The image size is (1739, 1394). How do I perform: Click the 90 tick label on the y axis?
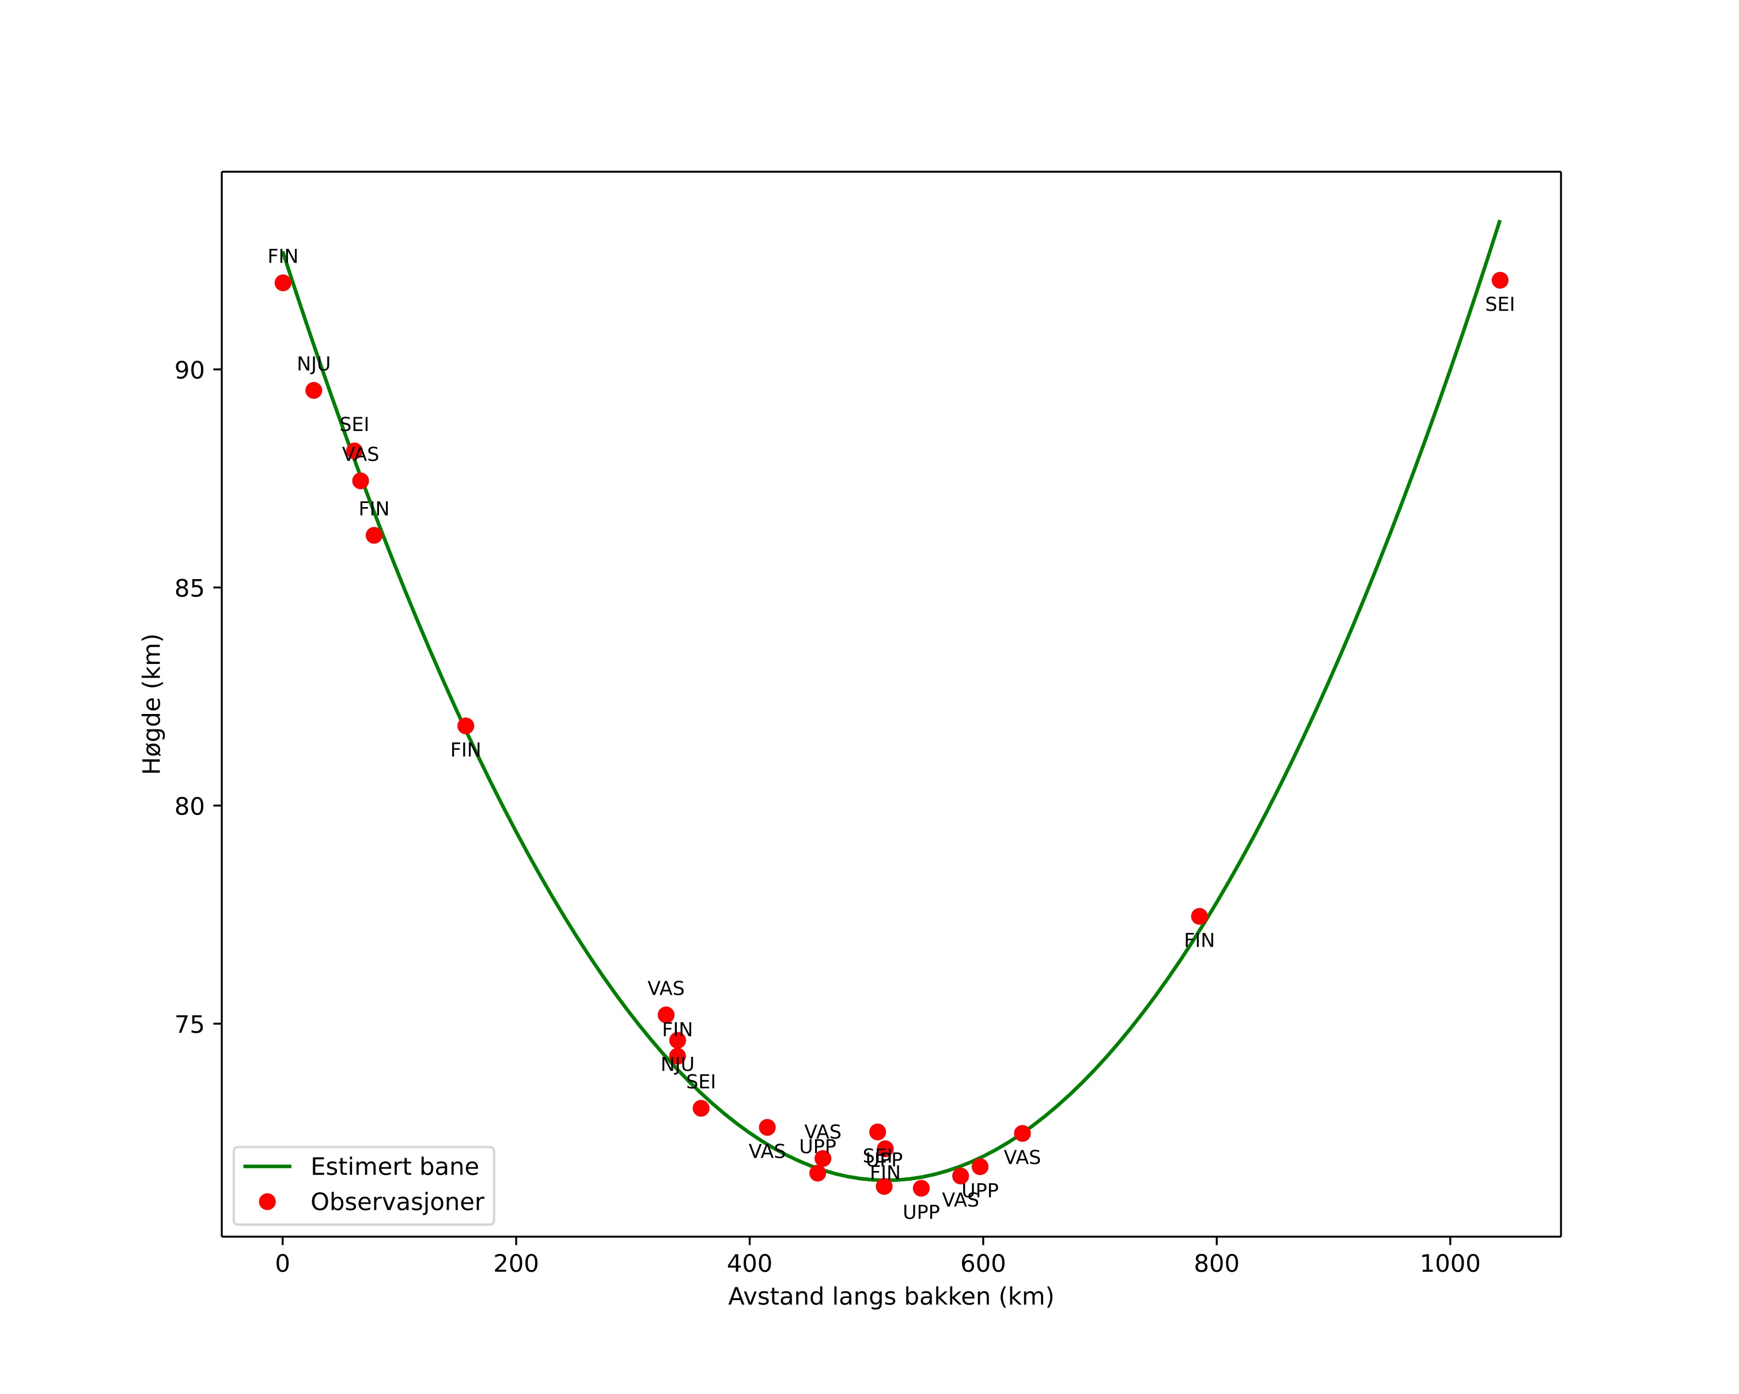(189, 371)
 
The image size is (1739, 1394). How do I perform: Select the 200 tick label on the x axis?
(516, 1264)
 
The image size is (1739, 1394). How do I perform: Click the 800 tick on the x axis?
(1217, 1237)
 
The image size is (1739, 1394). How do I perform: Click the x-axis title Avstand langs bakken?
(891, 1297)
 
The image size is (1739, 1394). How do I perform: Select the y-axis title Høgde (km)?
(153, 704)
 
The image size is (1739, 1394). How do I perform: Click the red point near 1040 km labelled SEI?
(1499, 281)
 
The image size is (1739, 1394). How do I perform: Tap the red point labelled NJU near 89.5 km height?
(314, 391)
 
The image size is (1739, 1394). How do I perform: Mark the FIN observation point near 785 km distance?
(1199, 916)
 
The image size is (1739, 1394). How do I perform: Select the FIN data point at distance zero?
(282, 282)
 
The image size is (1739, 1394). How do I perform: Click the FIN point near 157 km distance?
(465, 726)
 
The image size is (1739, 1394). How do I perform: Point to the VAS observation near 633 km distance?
(1022, 1134)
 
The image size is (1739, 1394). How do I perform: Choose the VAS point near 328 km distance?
(665, 1015)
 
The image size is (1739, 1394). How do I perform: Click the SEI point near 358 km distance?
(701, 1108)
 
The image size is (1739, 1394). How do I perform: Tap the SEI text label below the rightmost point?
(1499, 305)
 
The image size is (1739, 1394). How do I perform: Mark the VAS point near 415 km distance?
(767, 1128)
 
